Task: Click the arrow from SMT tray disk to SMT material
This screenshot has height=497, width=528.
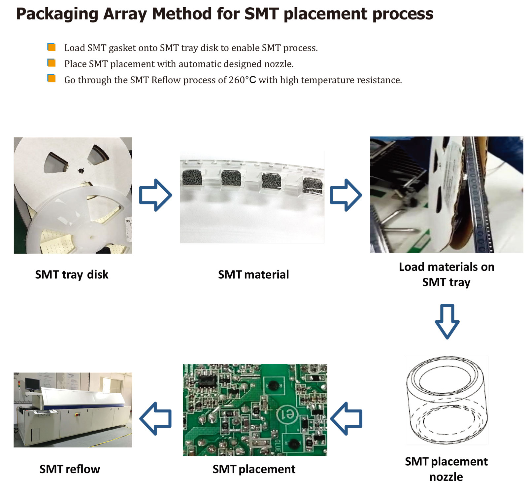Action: (x=155, y=195)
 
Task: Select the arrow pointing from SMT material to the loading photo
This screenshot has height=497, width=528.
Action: (x=346, y=195)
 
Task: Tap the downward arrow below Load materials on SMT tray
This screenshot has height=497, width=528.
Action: (x=447, y=321)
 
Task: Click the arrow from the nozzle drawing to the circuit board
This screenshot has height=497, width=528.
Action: (x=346, y=418)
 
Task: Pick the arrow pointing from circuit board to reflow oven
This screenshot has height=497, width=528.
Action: (x=155, y=418)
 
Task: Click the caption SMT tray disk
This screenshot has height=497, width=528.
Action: (x=72, y=274)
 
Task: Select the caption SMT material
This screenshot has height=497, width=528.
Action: (x=253, y=274)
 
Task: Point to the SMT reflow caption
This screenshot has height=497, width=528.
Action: (x=70, y=469)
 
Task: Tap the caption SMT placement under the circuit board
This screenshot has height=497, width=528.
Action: (x=254, y=469)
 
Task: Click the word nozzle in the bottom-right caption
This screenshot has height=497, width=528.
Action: (x=446, y=477)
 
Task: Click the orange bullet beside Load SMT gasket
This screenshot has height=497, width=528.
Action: (x=51, y=47)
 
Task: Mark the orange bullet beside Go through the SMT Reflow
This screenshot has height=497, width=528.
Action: (x=51, y=79)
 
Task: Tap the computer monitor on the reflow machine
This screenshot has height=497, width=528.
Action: (x=32, y=383)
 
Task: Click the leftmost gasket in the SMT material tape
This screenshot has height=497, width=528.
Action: (x=192, y=178)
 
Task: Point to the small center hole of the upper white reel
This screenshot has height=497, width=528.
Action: (x=81, y=171)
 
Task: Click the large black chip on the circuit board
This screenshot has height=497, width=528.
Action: (x=208, y=381)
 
